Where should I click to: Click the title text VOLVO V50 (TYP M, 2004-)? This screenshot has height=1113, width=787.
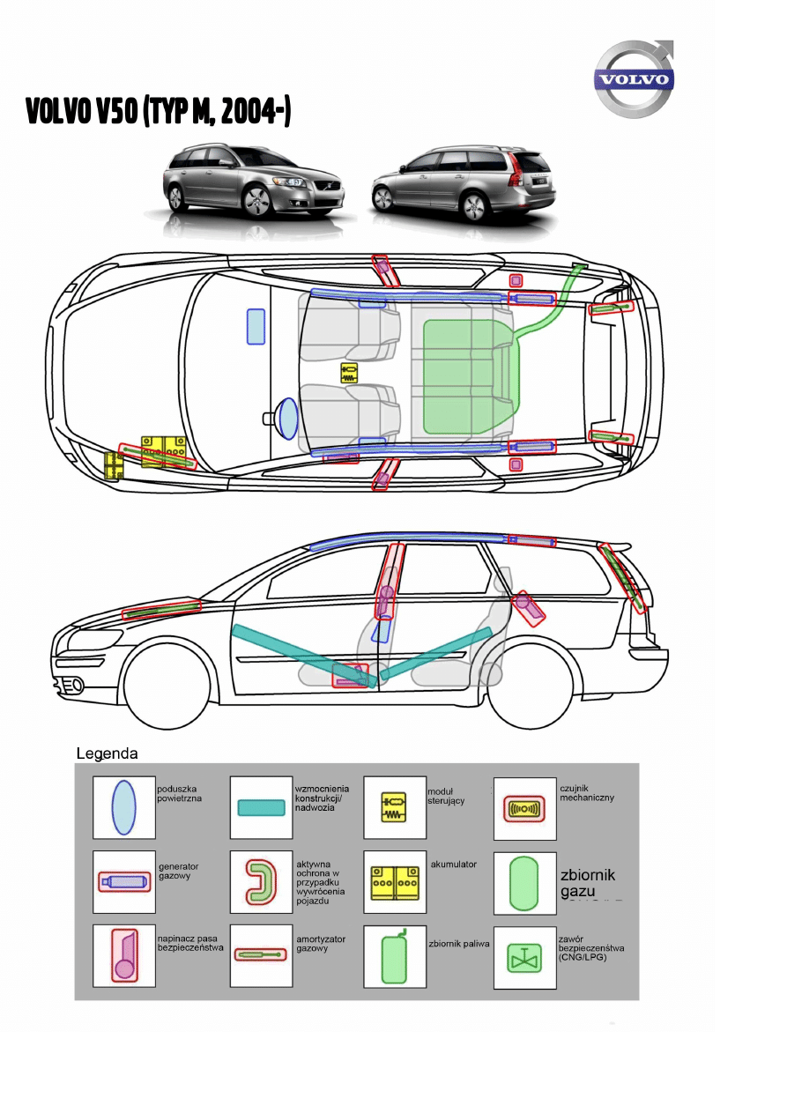[159, 112]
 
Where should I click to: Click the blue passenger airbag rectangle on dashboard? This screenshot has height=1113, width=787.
[256, 326]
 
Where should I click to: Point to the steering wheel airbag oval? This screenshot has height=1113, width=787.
[286, 418]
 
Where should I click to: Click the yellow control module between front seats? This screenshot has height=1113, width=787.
[350, 373]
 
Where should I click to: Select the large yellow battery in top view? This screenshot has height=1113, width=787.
[165, 450]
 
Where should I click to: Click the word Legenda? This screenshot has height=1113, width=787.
[107, 754]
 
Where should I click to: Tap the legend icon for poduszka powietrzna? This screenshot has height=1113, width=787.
[124, 807]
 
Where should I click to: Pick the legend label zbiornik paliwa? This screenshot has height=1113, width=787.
[458, 943]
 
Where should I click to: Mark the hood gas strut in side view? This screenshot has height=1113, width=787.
[161, 609]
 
